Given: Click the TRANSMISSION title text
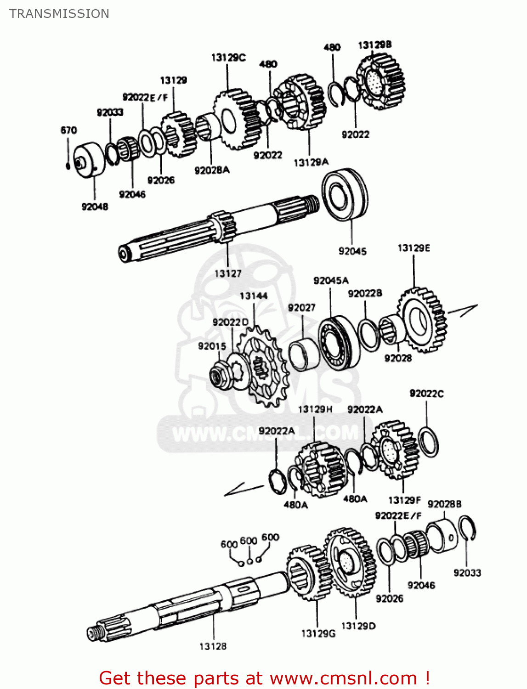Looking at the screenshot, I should pos(59,14).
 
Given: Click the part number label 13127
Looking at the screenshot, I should pos(228,274).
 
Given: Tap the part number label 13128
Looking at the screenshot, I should pos(213,646).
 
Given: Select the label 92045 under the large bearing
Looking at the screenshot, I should pos(352,251).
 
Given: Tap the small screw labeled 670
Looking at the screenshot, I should pos(68,165).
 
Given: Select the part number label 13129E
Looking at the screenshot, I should pos(414,248).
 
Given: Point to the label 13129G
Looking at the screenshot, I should pos(318,633).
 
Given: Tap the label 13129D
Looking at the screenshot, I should pos(358,626).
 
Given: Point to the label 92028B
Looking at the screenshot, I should pos(444,504).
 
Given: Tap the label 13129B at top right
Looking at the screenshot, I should pos(374,45).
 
